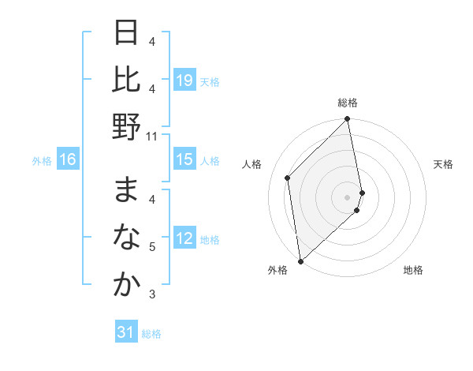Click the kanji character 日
[x=126, y=35]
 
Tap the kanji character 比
[x=126, y=80]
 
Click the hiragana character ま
[x=126, y=190]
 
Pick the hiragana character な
[x=126, y=237]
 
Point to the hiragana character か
[x=126, y=284]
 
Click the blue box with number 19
[x=184, y=81]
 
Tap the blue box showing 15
[x=184, y=160]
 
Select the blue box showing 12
[x=184, y=239]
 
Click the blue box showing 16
[x=68, y=160]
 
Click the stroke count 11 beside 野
[x=152, y=136]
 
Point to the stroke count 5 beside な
[x=152, y=247]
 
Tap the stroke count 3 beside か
[x=152, y=294]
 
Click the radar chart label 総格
[x=348, y=103]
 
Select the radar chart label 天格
[x=443, y=164]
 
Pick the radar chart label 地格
[x=413, y=270]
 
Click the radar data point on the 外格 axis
[x=300, y=260]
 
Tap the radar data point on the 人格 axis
[x=288, y=178]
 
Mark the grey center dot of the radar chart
[x=347, y=197]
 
